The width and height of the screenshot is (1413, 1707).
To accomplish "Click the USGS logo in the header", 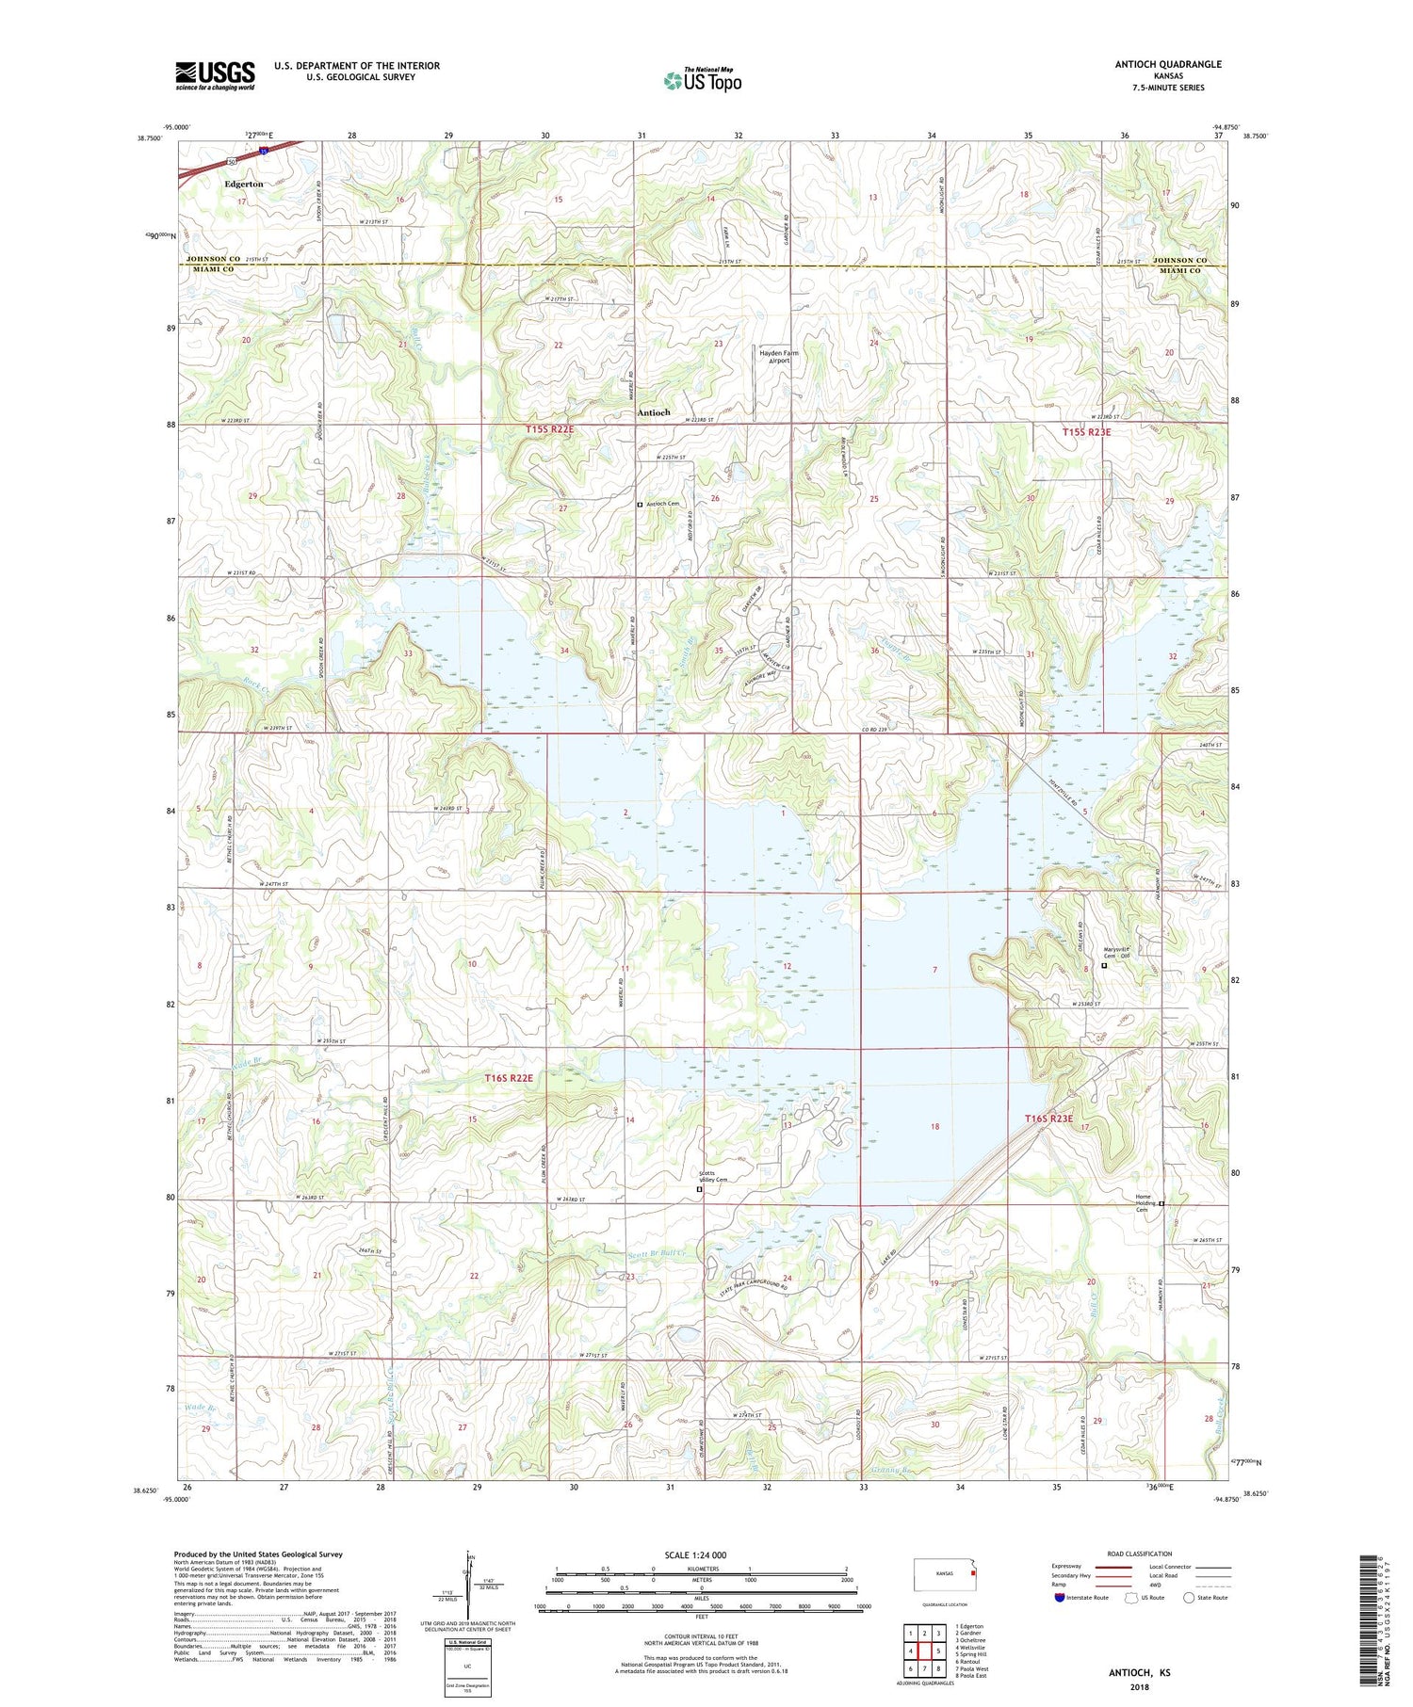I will coord(215,75).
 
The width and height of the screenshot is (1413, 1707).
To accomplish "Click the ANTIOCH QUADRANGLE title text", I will coord(1164,64).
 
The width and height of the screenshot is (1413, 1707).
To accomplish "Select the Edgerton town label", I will coord(244,185).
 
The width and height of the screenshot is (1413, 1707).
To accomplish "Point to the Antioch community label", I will coord(654,412).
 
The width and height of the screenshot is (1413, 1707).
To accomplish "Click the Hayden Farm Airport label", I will coord(779,357).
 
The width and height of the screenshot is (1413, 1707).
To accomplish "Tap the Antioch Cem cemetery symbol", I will coord(641,505).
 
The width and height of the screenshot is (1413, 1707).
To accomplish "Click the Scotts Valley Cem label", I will coord(713,1177).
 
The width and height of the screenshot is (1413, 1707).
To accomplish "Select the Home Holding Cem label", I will coord(1143,1203).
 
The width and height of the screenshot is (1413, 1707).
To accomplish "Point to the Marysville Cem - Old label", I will coord(1116,953).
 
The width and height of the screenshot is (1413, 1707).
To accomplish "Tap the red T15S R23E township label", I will coord(1086,432).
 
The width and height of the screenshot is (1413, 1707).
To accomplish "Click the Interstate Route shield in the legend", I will coord(1061,1598).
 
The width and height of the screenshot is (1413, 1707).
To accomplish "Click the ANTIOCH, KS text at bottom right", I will coord(1139,1673).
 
